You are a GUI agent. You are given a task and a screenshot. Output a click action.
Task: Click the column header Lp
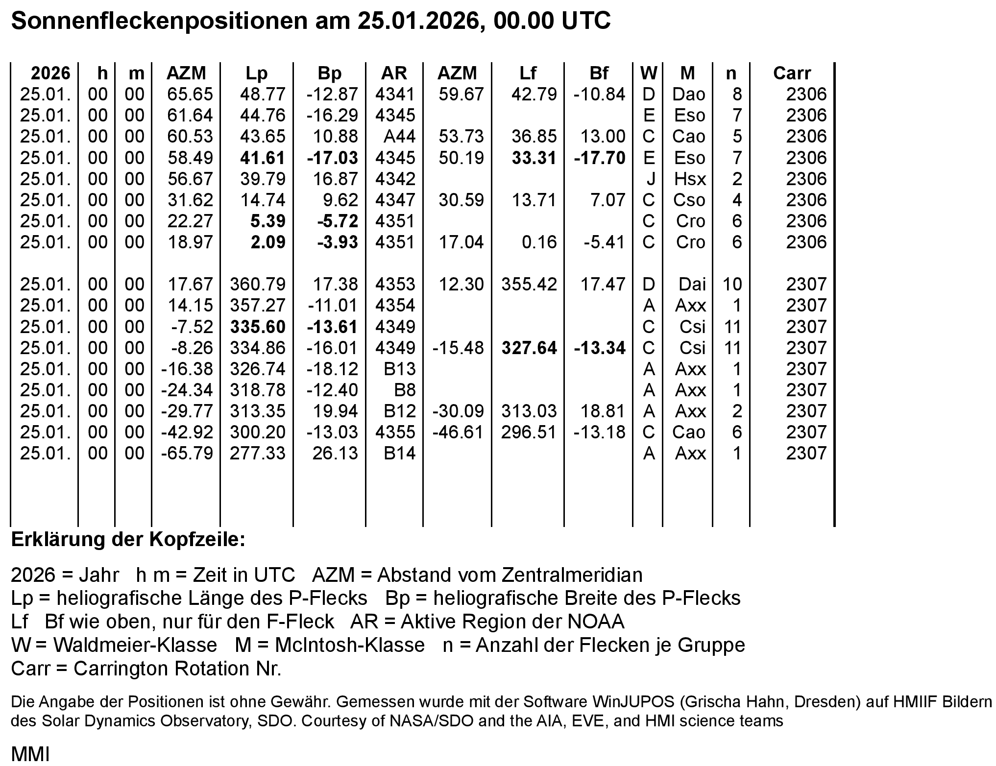(x=256, y=73)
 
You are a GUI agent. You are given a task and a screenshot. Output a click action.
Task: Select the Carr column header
(x=792, y=73)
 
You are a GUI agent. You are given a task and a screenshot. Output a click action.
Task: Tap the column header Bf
(x=599, y=73)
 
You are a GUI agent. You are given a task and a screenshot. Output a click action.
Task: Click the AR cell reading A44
(x=399, y=136)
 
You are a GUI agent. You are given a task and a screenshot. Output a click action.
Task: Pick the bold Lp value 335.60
(x=258, y=327)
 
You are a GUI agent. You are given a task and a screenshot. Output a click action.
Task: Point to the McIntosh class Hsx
(x=690, y=179)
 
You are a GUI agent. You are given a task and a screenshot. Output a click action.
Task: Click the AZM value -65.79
(x=187, y=453)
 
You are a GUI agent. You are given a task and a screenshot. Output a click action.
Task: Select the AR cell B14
(x=399, y=453)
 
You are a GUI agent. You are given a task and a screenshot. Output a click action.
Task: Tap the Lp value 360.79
(x=258, y=284)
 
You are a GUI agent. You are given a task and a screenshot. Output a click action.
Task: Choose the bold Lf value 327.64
(x=529, y=348)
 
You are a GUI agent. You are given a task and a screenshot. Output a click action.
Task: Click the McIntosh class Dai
(x=692, y=284)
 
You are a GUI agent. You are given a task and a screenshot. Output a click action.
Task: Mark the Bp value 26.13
(x=335, y=453)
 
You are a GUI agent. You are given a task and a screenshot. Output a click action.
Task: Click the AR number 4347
(x=395, y=200)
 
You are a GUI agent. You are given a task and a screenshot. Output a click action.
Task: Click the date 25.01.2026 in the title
(x=418, y=21)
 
